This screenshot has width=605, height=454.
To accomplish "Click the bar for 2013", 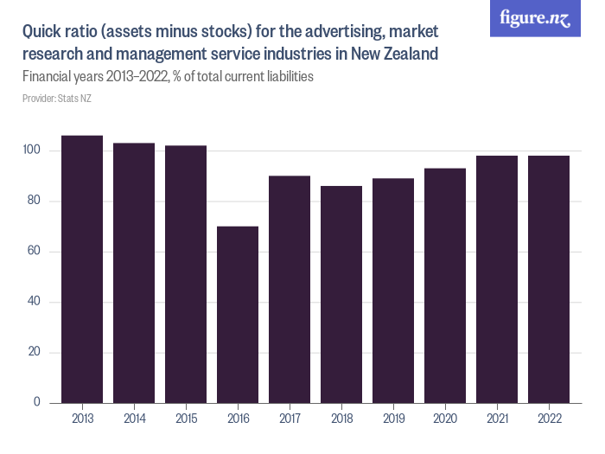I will pos(82,269).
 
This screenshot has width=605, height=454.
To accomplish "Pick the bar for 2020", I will pos(445,285).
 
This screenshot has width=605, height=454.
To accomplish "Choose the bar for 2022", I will pos(549,279).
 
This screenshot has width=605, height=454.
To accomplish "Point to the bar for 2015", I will pos(186,274).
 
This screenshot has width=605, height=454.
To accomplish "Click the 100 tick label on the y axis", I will pos(31,151).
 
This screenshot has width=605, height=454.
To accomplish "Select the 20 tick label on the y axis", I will pos(34,353).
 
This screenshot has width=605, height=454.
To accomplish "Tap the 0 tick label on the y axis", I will pos(37,403).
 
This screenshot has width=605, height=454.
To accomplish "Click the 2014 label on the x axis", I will pos(134,419).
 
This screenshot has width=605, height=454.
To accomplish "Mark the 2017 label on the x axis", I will pos(290,419).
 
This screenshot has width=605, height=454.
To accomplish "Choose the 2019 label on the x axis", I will pos(393,419).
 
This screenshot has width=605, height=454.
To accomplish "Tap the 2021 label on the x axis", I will pos(497,419).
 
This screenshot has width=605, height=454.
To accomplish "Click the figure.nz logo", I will pos(535,19).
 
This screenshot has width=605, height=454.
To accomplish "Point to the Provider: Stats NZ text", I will pos(57,99).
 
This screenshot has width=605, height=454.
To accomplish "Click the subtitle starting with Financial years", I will pos(168,76).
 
